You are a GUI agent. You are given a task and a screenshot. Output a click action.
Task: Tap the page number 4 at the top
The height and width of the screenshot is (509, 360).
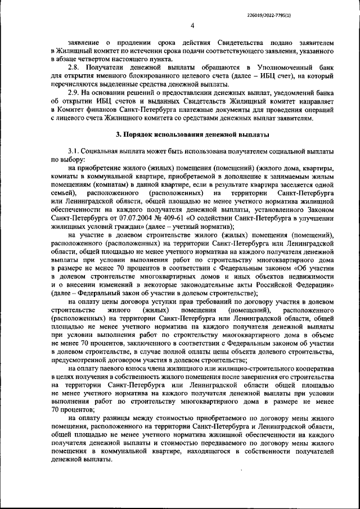point(192,26)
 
